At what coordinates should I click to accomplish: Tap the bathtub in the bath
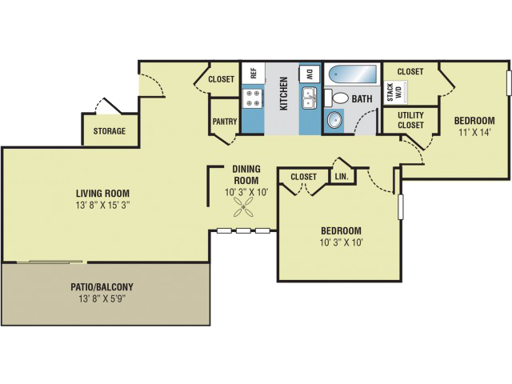tap(352, 74)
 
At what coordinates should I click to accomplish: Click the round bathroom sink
tap(333, 122)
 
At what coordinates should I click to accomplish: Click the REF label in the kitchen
tap(252, 73)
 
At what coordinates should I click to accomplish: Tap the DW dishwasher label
tap(310, 73)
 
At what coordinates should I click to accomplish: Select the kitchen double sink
tap(310, 99)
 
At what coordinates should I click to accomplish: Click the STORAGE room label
tap(110, 131)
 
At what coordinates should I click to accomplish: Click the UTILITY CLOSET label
tap(407, 120)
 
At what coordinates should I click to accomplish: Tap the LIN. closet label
tap(341, 176)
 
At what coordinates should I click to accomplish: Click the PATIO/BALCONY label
tap(106, 286)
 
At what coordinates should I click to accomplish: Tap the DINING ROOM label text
tap(246, 175)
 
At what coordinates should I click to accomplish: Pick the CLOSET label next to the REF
tap(221, 79)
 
